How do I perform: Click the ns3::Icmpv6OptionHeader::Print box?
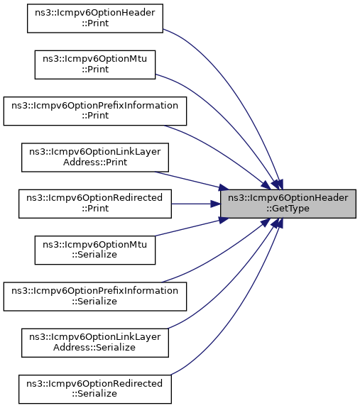(x=95, y=18)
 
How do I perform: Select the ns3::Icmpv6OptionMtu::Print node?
(x=95, y=65)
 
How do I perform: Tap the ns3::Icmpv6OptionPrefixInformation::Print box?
(x=95, y=111)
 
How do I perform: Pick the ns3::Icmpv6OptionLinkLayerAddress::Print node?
(x=95, y=158)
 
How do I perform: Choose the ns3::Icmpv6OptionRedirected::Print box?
(x=95, y=204)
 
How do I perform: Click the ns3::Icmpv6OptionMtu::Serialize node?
(x=95, y=250)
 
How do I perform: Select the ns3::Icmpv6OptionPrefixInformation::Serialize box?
(x=95, y=297)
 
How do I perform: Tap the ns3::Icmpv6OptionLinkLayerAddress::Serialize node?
(x=95, y=343)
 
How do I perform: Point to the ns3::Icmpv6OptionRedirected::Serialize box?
(x=95, y=390)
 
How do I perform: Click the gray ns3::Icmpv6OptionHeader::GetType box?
(x=288, y=204)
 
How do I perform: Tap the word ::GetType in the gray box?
(x=288, y=209)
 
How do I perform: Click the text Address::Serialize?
(x=94, y=348)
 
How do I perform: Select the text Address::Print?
(x=95, y=162)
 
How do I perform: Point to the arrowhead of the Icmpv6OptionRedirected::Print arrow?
(x=216, y=204)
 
